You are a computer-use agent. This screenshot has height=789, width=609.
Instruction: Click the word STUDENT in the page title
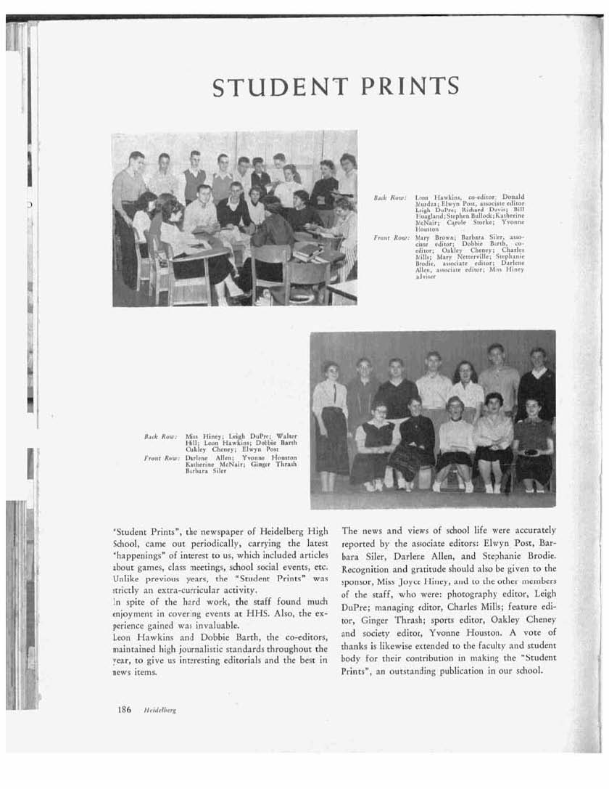279,86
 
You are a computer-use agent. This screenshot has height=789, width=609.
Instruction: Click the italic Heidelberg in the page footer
160,711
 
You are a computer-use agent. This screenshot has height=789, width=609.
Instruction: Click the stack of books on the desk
307,252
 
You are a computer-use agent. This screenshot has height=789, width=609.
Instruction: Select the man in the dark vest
194,178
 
